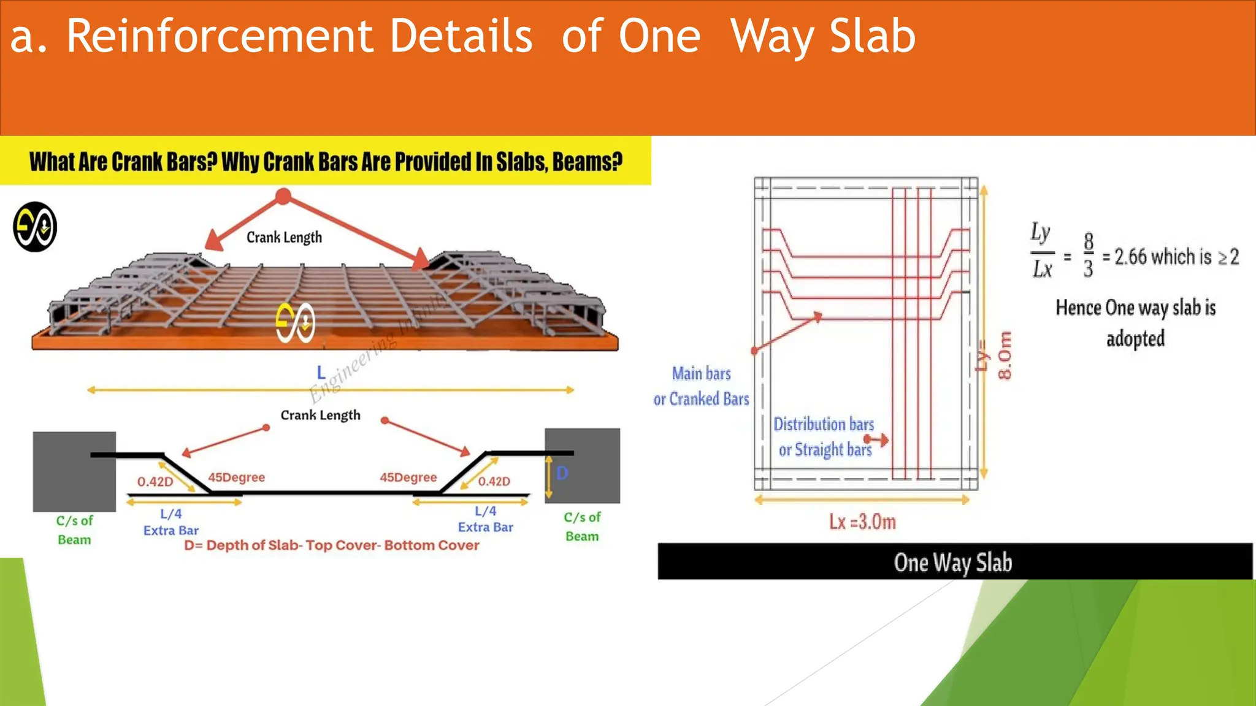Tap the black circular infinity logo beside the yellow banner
tap(35, 227)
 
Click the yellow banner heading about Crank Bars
tap(326, 162)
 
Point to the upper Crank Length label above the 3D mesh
tap(284, 237)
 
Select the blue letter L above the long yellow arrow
tap(321, 372)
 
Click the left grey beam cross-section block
tap(74, 471)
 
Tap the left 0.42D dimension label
tap(155, 482)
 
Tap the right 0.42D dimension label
tap(494, 482)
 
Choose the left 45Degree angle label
tap(236, 477)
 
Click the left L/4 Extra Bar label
tap(171, 522)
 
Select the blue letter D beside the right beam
tap(562, 473)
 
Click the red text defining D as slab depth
tap(332, 545)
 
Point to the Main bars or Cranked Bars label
tap(701, 386)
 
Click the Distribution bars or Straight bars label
tap(824, 437)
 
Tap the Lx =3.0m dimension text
tap(862, 522)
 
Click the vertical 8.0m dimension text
tap(1005, 355)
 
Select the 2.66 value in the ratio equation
tap(1130, 257)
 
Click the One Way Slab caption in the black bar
tap(952, 563)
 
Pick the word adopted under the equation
tap(1135, 338)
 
